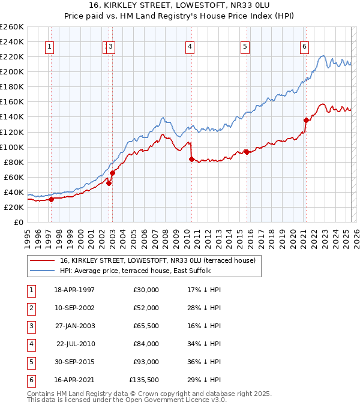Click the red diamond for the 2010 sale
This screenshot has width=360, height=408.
(191, 159)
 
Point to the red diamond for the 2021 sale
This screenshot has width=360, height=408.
(306, 120)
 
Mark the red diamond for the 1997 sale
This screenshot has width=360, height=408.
(51, 200)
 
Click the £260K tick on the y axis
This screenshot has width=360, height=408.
(12, 27)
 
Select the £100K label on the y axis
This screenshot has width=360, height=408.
(12, 147)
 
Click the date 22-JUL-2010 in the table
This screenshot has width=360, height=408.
(76, 344)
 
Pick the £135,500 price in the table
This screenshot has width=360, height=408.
(144, 380)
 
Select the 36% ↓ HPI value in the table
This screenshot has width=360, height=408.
(205, 362)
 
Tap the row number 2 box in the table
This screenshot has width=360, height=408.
(31, 308)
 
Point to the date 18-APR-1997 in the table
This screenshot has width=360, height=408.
(74, 290)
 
